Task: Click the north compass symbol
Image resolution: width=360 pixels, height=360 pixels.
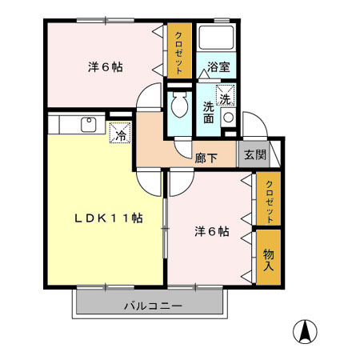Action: tap(306, 329)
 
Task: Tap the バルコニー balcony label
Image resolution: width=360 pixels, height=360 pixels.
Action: tap(153, 306)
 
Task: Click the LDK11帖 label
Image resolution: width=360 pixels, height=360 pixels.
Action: tap(109, 218)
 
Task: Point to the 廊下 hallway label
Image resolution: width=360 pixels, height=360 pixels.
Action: tap(206, 158)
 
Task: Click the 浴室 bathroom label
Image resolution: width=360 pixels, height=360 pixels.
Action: tap(218, 66)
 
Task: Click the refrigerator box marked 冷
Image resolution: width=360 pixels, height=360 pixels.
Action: tap(119, 132)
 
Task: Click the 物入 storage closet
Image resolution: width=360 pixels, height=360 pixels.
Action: tap(269, 255)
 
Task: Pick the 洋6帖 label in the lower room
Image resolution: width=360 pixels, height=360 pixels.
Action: tap(212, 232)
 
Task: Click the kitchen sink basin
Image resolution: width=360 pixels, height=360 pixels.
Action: tap(89, 124)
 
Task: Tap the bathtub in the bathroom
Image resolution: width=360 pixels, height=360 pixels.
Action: tap(216, 38)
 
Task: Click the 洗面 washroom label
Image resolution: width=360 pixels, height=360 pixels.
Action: tap(209, 112)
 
